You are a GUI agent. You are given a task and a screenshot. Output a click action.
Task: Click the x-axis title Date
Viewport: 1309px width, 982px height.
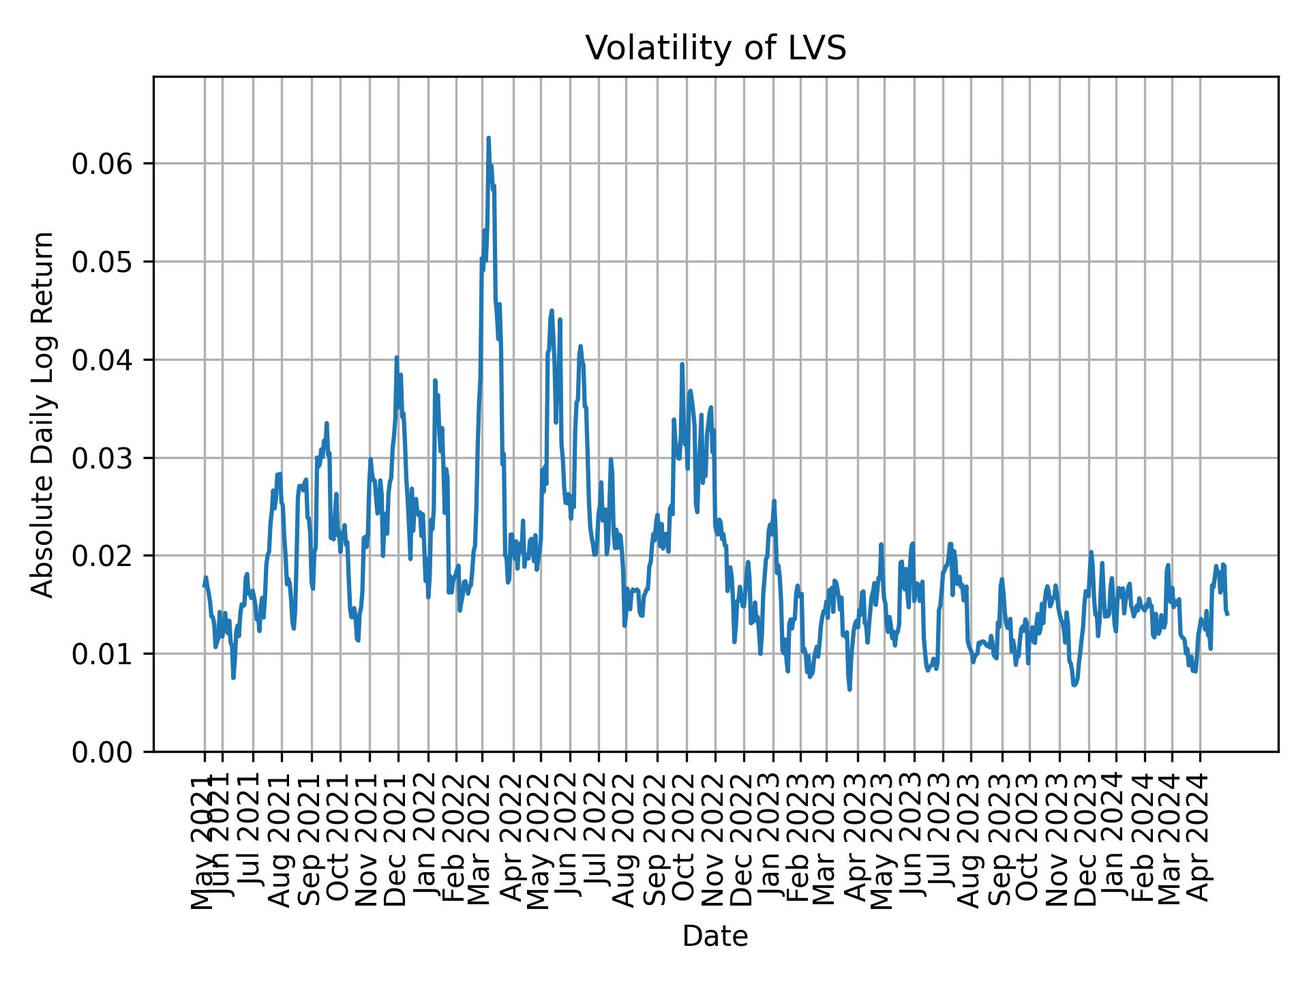(715, 936)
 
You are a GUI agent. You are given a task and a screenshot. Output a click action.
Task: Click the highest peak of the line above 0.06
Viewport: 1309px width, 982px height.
(488, 138)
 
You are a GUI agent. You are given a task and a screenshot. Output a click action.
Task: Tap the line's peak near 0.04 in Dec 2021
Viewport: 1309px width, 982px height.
(396, 357)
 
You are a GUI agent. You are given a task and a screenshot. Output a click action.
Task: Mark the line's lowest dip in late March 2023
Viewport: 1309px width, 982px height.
(849, 689)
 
